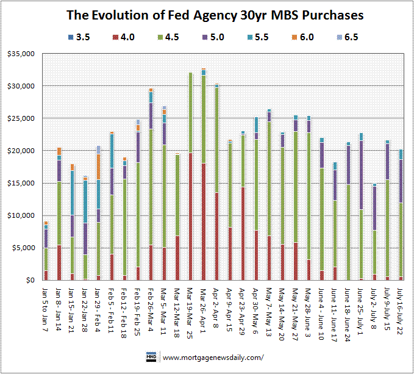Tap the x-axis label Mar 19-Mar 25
coord(191,311)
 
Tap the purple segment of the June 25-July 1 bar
coord(361,175)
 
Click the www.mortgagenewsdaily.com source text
coord(213,358)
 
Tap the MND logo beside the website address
coord(151,356)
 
